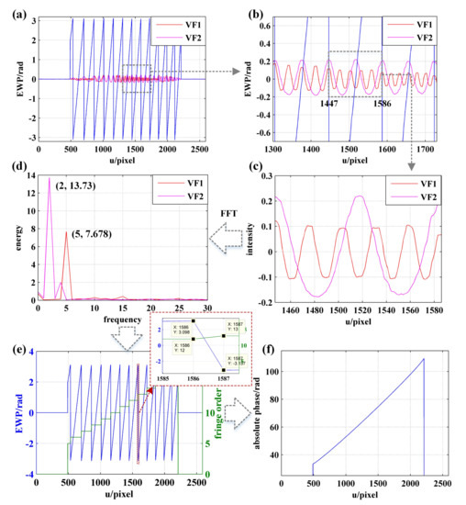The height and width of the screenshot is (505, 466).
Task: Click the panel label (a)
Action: tap(12, 10)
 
